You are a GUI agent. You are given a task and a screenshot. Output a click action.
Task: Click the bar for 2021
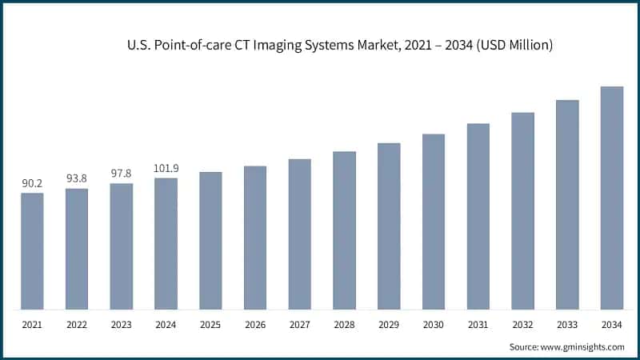click(x=32, y=251)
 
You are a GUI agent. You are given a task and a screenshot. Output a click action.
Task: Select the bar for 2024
click(x=166, y=243)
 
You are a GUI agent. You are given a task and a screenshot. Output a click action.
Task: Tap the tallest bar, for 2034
click(x=612, y=198)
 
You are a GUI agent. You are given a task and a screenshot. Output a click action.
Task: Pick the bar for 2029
click(x=389, y=226)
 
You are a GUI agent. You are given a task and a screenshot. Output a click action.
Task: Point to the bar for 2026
click(x=255, y=238)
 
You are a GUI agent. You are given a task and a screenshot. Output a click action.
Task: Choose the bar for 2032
click(x=522, y=211)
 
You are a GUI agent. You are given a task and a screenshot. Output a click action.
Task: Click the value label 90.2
click(x=32, y=184)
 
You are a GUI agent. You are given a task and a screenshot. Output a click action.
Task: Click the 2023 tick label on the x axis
click(x=122, y=324)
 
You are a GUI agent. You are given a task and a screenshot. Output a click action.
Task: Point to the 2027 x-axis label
click(x=300, y=324)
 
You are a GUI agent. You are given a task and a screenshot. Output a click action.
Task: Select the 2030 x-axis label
click(x=434, y=324)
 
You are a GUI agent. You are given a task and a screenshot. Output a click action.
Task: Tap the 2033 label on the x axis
click(x=567, y=324)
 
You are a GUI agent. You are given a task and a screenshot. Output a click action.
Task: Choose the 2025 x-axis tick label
click(x=210, y=324)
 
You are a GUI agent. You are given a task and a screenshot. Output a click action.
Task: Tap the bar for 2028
click(x=344, y=230)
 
